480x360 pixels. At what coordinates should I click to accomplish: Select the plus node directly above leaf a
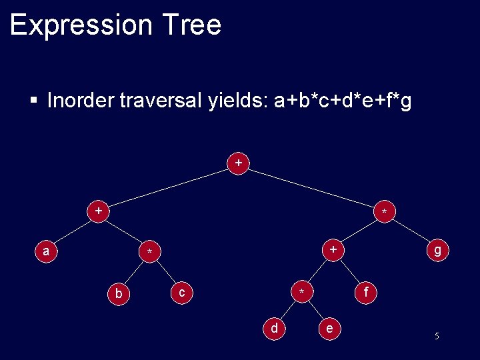coord(99,211)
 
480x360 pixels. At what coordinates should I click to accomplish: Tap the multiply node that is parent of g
coord(383,211)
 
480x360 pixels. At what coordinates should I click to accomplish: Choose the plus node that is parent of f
coord(333,249)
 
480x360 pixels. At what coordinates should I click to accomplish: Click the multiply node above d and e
coord(302,292)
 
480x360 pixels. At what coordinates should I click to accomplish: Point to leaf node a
coord(45,251)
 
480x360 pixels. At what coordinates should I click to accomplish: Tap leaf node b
coord(119,293)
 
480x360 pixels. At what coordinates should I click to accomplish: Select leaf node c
coord(181,291)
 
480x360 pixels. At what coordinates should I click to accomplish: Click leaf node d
coord(274,327)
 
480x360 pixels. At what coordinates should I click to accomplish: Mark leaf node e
coord(329,328)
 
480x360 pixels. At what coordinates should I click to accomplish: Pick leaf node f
coord(365,291)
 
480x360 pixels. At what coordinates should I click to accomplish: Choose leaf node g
coord(437,250)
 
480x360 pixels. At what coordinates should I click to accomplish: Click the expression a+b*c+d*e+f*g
coord(342,101)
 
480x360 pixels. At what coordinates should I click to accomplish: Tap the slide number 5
coord(437,336)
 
